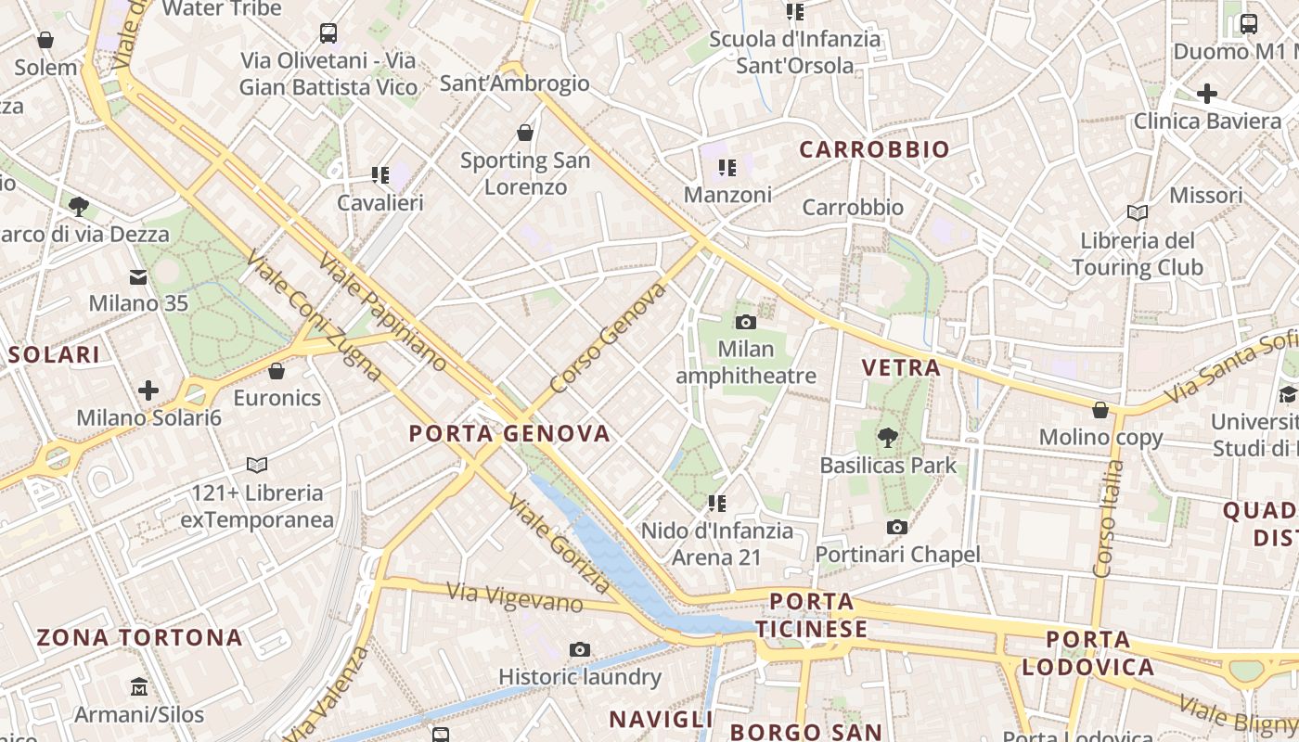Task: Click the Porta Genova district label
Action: [509, 433]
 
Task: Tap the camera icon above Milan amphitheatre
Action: [745, 323]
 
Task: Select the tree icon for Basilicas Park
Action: [888, 436]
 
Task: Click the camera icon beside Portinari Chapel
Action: [896, 528]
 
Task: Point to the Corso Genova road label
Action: [608, 339]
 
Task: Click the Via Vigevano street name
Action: [514, 597]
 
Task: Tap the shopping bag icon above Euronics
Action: [276, 372]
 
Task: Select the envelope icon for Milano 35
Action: [138, 276]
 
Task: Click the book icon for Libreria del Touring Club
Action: [1138, 213]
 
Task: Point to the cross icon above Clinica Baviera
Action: [1206, 94]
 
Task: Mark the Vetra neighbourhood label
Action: [901, 368]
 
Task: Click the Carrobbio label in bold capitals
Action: [874, 149]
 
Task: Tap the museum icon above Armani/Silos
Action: [139, 687]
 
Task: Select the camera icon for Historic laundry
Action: [580, 649]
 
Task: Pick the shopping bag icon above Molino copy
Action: [1100, 410]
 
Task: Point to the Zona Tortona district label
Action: [139, 637]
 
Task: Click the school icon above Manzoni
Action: [727, 168]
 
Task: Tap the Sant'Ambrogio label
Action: [514, 83]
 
